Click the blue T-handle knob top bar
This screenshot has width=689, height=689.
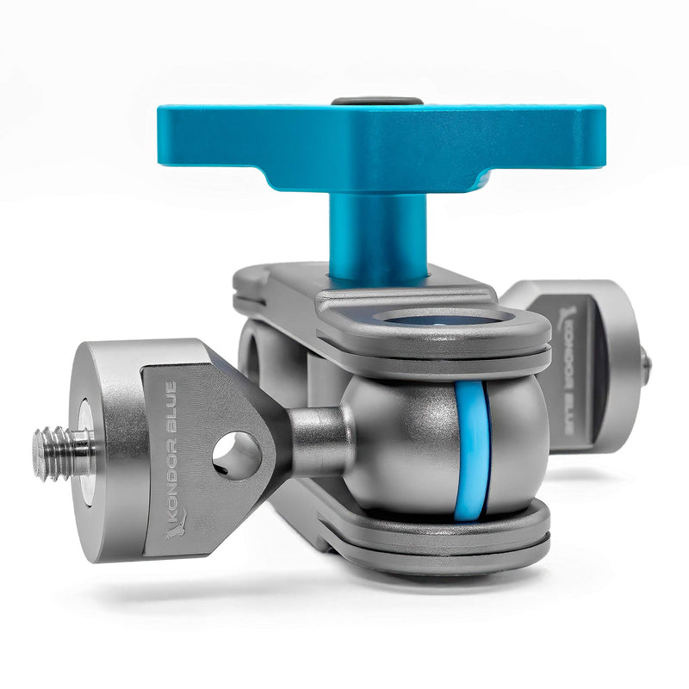click(382, 141)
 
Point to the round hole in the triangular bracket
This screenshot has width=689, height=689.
click(237, 455)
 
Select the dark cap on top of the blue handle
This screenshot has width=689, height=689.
click(377, 101)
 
